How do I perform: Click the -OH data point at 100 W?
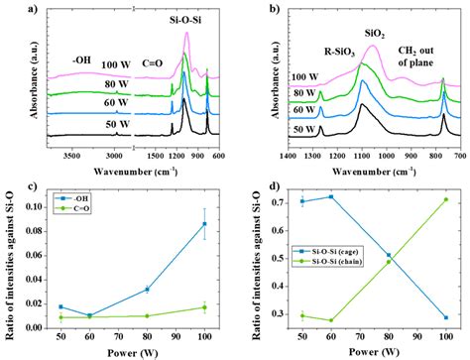204,223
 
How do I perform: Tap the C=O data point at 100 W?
204,307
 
